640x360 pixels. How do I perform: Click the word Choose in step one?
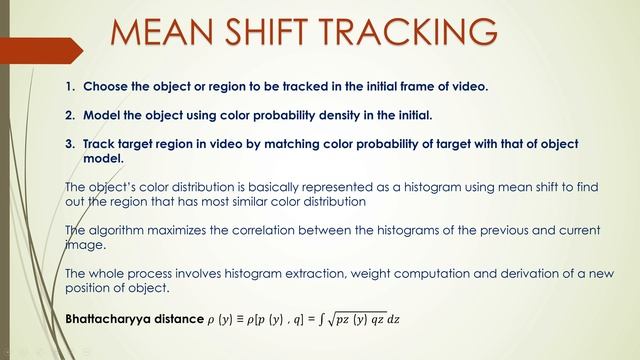tap(105, 87)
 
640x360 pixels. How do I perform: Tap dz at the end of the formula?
tap(405, 321)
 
